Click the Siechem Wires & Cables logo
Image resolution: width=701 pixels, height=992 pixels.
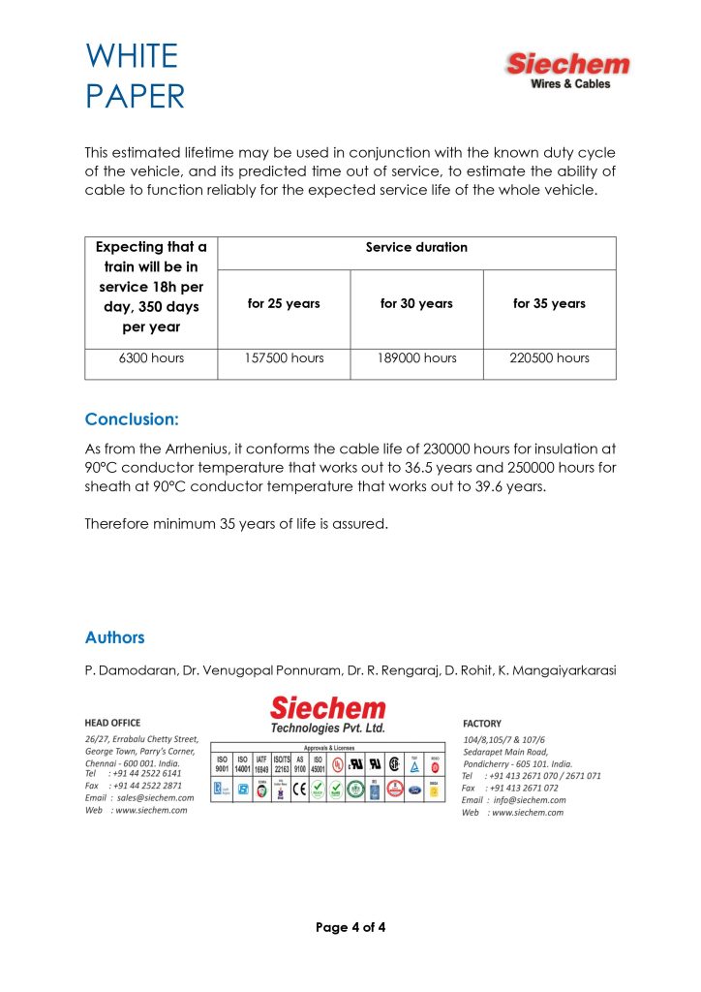pyautogui.click(x=567, y=71)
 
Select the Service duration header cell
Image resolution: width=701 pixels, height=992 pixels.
pyautogui.click(x=416, y=248)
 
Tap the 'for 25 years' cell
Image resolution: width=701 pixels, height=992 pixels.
pyautogui.click(x=284, y=304)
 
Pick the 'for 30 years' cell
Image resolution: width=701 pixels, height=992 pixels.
pyautogui.click(x=416, y=304)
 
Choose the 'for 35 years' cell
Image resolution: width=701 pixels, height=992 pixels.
pyautogui.click(x=549, y=304)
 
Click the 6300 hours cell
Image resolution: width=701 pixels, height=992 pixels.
pyautogui.click(x=151, y=358)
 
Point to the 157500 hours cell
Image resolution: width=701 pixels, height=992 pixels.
pyautogui.click(x=284, y=358)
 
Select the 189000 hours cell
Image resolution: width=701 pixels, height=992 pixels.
pyautogui.click(x=416, y=358)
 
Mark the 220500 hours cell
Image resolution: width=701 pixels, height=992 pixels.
pyautogui.click(x=549, y=358)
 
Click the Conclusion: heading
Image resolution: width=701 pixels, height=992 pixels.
pyautogui.click(x=132, y=419)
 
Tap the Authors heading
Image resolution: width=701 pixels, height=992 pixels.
pyautogui.click(x=115, y=637)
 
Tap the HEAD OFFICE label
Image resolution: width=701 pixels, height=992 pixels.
pyautogui.click(x=112, y=723)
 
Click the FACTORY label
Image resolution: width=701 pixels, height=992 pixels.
pyautogui.click(x=482, y=723)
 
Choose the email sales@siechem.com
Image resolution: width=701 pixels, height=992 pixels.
pyautogui.click(x=152, y=797)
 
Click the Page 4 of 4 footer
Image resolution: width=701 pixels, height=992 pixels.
pyautogui.click(x=350, y=928)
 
